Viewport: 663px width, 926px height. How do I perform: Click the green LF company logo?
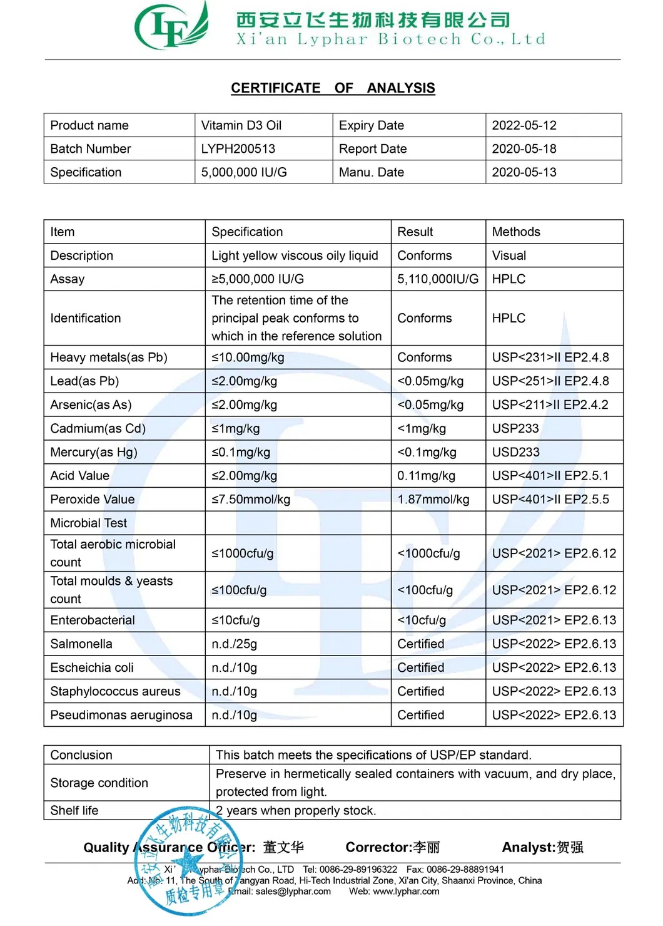(170, 27)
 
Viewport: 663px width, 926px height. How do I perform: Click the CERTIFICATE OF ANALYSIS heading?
(333, 88)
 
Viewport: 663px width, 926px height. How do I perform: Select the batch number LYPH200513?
(238, 149)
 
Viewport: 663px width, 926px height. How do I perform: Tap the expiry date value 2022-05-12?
(524, 125)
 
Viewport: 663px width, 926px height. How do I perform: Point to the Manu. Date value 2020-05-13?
(524, 172)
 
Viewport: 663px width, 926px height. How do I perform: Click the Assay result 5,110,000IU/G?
(437, 279)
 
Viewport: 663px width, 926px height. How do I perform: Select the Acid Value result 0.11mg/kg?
(426, 476)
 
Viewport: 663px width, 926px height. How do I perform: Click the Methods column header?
(516, 232)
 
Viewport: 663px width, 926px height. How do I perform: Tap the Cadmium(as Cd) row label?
(98, 429)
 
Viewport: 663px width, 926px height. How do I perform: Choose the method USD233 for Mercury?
(515, 453)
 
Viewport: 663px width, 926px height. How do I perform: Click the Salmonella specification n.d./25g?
(234, 644)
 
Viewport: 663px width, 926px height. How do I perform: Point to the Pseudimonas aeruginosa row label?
(121, 716)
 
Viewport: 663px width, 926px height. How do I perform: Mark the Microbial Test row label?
(88, 523)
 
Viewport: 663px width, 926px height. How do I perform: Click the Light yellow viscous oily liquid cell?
(295, 256)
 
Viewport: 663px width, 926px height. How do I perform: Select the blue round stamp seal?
(186, 861)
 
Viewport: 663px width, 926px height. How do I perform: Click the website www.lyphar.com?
(406, 892)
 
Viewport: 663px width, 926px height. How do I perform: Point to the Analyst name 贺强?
(570, 848)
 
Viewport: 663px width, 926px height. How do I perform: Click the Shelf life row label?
(74, 811)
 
